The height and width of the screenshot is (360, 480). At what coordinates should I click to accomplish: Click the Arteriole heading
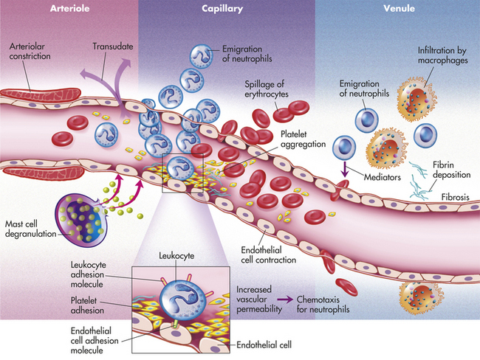tap(70, 8)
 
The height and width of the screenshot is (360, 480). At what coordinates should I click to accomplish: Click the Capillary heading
tap(222, 9)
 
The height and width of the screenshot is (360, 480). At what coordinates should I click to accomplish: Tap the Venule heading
tap(400, 8)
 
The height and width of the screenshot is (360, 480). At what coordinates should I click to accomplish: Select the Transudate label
tap(113, 46)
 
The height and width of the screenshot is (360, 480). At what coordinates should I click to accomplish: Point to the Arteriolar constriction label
tap(30, 51)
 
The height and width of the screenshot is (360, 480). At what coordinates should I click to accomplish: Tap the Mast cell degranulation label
tap(30, 229)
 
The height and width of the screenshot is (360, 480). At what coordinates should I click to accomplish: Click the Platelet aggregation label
tap(303, 139)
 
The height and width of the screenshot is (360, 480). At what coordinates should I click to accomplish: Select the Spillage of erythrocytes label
tap(267, 89)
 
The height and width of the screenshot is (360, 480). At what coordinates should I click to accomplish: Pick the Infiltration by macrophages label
tap(442, 55)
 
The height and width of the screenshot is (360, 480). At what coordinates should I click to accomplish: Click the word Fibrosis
tap(455, 197)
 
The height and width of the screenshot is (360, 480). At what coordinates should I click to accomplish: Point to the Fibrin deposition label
tap(451, 170)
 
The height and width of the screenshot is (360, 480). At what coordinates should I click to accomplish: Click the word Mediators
tap(382, 177)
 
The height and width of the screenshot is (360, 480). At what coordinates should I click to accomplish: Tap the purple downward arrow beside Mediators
tap(345, 170)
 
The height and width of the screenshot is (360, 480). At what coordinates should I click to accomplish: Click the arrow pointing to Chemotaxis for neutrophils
tap(285, 300)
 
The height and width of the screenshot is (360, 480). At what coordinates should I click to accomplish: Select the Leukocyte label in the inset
tap(176, 255)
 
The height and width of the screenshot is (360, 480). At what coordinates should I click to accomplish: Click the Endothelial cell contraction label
tap(269, 255)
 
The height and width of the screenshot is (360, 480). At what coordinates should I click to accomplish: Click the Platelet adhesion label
tap(87, 305)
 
